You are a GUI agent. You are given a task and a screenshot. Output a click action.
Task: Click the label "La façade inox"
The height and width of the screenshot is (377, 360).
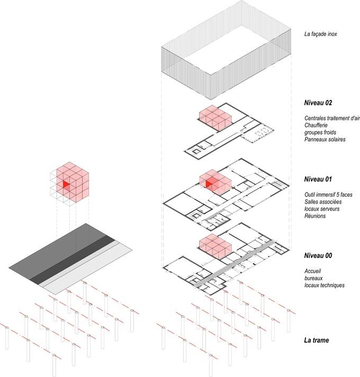click(320, 34)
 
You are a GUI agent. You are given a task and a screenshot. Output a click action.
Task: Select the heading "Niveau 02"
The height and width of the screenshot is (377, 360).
click(318, 103)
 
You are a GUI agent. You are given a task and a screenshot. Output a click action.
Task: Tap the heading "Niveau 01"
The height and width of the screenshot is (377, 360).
click(318, 179)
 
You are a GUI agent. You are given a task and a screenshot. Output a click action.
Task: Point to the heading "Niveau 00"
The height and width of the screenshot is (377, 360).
click(318, 255)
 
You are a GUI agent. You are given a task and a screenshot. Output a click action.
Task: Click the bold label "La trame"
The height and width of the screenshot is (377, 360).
click(317, 340)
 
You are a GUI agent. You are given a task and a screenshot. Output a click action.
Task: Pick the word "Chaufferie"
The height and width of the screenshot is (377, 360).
click(316, 125)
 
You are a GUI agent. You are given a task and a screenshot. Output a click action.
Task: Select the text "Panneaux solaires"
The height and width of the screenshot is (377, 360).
click(325, 140)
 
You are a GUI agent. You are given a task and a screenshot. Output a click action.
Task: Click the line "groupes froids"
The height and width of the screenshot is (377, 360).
click(320, 133)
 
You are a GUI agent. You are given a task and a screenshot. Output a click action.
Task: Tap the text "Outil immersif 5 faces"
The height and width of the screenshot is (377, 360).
click(328, 195)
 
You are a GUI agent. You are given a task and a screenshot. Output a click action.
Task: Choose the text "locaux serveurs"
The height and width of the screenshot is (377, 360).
click(322, 209)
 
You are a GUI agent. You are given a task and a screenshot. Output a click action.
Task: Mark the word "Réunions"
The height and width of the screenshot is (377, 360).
click(315, 216)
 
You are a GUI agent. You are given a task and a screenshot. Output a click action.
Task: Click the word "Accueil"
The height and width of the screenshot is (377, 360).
click(312, 271)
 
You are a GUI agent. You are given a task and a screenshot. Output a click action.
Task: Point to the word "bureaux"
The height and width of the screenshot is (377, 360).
click(313, 278)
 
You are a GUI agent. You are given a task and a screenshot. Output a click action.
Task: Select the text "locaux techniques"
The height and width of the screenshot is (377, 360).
click(325, 286)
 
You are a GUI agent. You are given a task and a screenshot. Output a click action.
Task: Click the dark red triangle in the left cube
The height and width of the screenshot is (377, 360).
click(66, 185)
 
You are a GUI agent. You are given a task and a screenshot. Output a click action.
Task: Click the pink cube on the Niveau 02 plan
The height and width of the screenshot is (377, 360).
click(215, 118)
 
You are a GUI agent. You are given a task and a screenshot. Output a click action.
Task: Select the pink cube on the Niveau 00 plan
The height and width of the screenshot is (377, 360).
click(215, 246)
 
